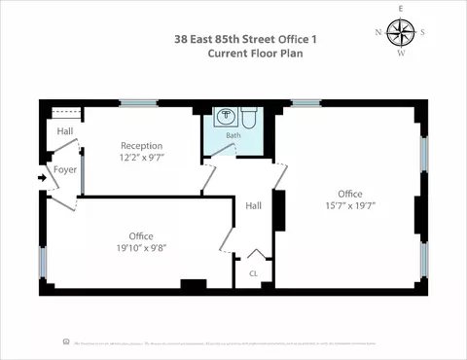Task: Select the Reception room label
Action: point(141,146)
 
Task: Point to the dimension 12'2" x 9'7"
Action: point(141,158)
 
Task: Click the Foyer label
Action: point(64,169)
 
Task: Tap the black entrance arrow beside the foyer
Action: point(41,178)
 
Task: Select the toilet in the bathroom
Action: point(249,119)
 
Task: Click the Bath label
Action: point(233,136)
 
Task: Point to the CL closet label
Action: point(253,273)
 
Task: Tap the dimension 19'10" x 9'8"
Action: point(141,247)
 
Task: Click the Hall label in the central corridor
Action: point(253,205)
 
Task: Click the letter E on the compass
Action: point(400,8)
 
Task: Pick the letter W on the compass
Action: point(400,54)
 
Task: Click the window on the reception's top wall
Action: point(138,102)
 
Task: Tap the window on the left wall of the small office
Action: point(43,261)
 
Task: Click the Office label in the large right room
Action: point(349,193)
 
